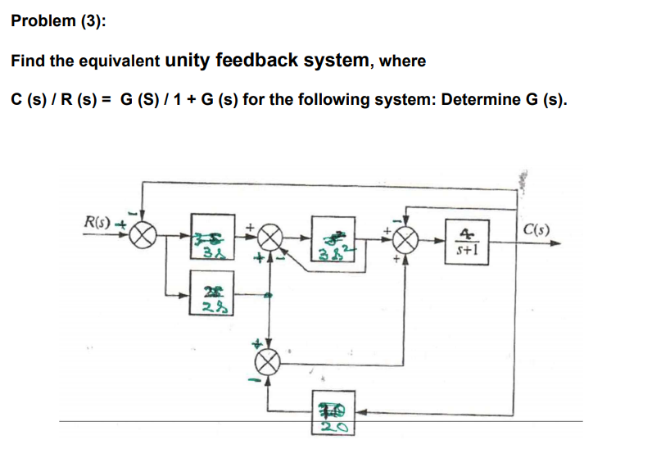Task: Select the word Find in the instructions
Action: coord(28,61)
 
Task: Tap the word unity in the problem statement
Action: coord(190,61)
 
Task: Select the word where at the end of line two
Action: coord(402,61)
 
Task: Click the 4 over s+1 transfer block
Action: coord(464,243)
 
